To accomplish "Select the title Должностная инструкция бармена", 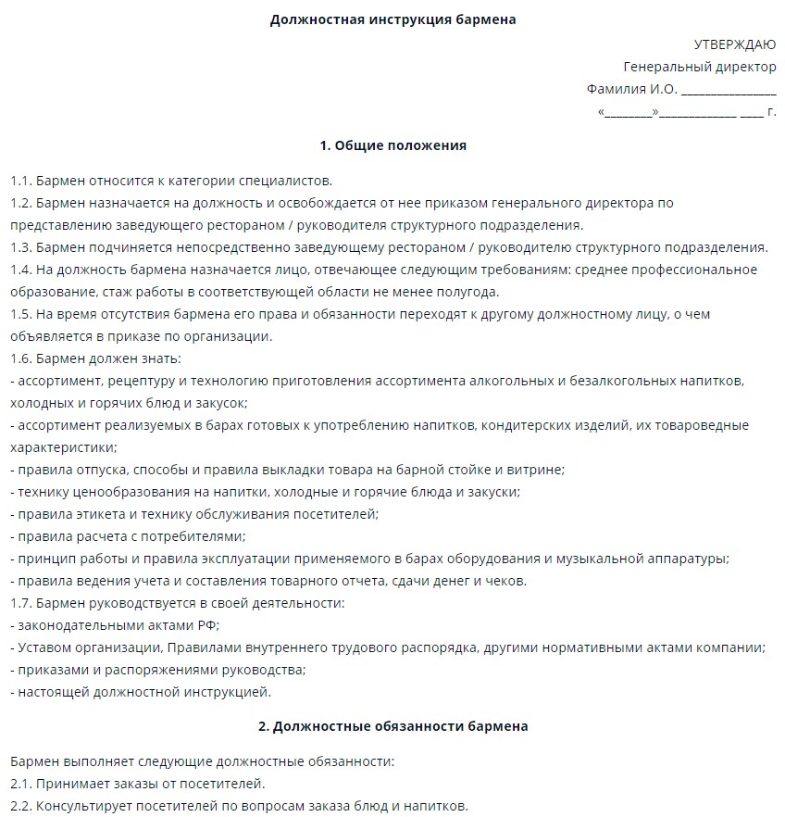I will click(x=392, y=19).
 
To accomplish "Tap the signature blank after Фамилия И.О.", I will click(x=729, y=90).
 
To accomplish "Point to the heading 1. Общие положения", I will click(x=392, y=145).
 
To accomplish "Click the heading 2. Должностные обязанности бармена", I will click(x=392, y=726).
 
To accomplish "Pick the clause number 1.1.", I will click(x=21, y=181).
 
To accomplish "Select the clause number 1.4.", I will click(x=21, y=270).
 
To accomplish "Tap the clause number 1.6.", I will click(x=21, y=358).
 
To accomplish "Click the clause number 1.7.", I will click(x=21, y=603).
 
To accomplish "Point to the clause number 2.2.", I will click(x=21, y=805).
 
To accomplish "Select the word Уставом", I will click(x=45, y=647).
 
